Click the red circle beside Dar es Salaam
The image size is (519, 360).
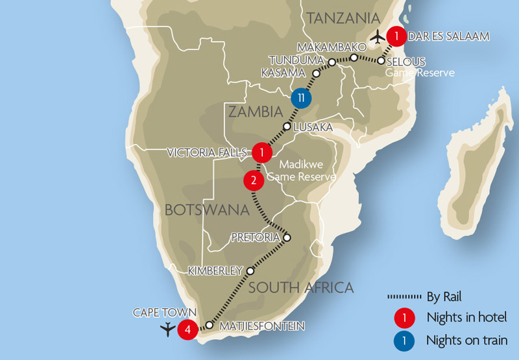click(x=396, y=36)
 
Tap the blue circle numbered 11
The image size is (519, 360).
click(x=300, y=98)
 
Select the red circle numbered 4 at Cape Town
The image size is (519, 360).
click(x=187, y=329)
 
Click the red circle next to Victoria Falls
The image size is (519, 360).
click(x=261, y=152)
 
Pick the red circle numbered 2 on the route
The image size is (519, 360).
click(x=254, y=180)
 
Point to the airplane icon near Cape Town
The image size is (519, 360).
click(x=168, y=329)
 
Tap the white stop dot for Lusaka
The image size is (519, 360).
click(x=287, y=126)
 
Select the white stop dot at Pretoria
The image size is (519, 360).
click(x=287, y=237)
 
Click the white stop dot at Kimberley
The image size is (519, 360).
click(x=249, y=270)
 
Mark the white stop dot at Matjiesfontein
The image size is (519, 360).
click(x=209, y=325)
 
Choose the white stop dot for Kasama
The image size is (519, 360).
click(x=317, y=73)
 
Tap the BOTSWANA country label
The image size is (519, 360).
click(x=207, y=210)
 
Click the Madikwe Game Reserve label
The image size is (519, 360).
click(x=301, y=171)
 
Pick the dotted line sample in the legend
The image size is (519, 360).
click(x=405, y=297)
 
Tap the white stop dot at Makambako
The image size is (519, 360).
click(x=354, y=58)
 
